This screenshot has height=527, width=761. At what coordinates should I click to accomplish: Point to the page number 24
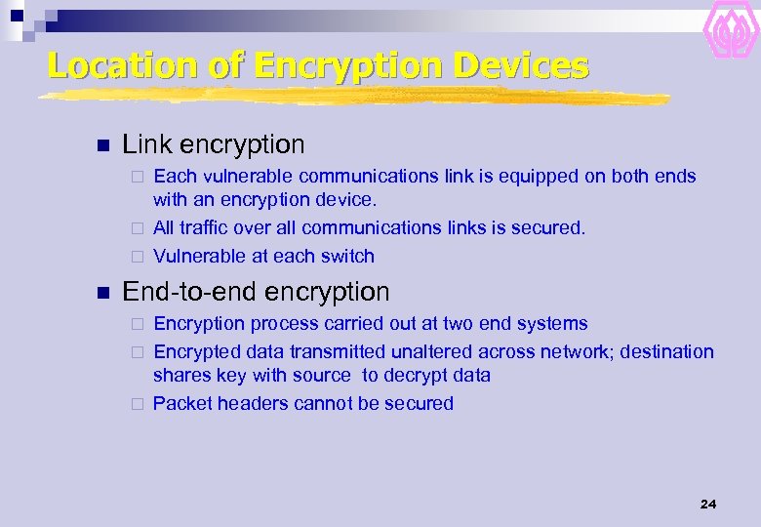point(708,504)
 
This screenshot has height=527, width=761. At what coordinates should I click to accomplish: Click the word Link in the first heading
point(143,145)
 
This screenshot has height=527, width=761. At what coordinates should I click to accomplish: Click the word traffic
point(205,227)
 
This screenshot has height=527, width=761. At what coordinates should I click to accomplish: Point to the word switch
point(349,257)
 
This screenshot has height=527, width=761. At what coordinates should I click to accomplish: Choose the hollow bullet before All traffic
point(138,228)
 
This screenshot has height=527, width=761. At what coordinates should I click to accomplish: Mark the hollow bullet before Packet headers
point(138,404)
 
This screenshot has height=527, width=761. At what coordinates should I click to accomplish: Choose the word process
point(281,324)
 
